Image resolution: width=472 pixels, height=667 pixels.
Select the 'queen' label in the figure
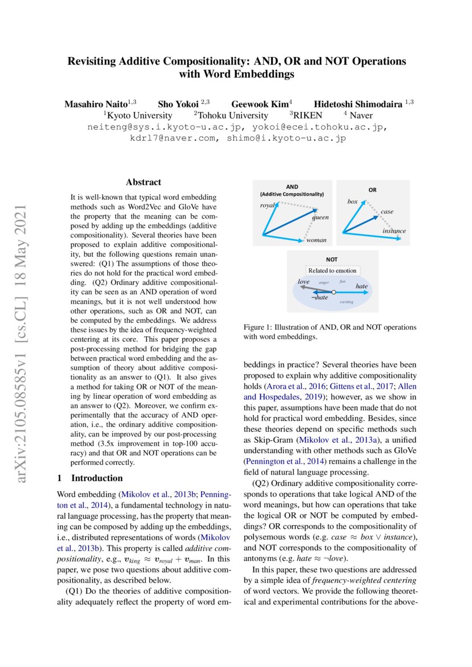(x=320, y=217)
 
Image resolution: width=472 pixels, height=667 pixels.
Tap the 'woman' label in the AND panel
(x=316, y=240)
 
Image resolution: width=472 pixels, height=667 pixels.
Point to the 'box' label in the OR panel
(x=352, y=201)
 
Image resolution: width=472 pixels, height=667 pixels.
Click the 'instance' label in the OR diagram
(x=394, y=231)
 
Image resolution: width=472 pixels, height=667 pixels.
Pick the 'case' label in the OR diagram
(x=387, y=212)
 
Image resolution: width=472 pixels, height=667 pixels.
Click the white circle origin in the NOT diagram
(x=333, y=292)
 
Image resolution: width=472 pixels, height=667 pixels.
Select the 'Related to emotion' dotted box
(x=332, y=270)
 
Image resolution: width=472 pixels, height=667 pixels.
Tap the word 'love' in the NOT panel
(x=304, y=281)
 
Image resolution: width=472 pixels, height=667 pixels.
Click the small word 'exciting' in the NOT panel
(x=347, y=302)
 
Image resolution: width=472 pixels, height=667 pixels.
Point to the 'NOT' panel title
(x=332, y=259)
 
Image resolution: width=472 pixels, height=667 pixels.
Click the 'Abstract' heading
(x=143, y=183)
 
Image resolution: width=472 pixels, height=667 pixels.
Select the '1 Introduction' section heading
(x=90, y=478)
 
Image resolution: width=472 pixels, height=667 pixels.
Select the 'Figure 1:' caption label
(x=259, y=328)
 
